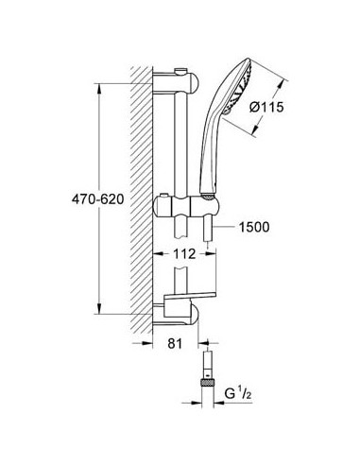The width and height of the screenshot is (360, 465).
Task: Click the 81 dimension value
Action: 172,347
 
